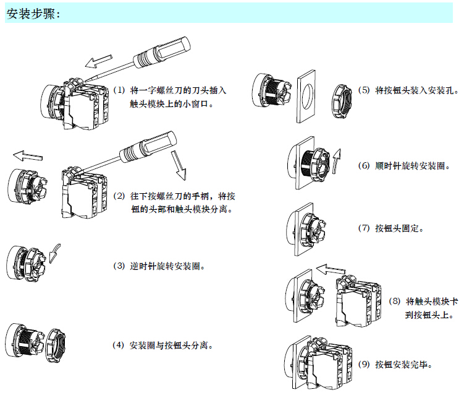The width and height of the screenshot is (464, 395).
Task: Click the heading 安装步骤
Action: [33, 14]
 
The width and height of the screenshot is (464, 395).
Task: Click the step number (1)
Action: [119, 90]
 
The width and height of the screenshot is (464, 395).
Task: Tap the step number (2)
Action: [119, 196]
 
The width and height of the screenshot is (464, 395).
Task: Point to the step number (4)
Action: [119, 344]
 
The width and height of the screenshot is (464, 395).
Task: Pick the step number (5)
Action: [365, 90]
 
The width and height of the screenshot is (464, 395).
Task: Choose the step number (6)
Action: [365, 166]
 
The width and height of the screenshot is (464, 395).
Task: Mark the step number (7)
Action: [365, 228]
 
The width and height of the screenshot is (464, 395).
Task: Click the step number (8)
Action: [395, 302]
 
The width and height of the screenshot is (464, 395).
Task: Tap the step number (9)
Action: [365, 364]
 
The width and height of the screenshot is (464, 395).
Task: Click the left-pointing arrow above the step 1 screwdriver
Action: [97, 60]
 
